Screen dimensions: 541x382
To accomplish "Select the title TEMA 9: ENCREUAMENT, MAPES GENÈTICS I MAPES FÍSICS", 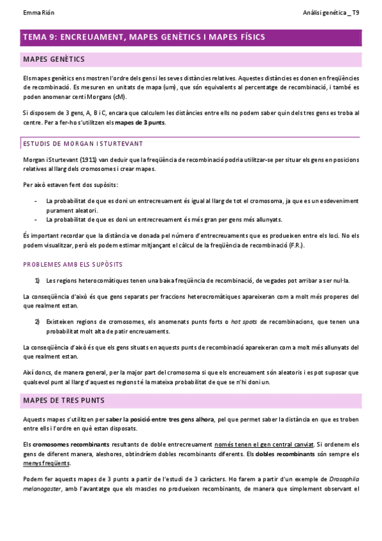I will (x=143, y=38).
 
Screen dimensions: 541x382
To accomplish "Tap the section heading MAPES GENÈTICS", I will (x=54, y=59).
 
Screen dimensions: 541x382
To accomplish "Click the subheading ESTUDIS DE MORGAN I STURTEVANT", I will (x=83, y=144).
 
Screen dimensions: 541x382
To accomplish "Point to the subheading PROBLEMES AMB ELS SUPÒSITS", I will (x=73, y=263).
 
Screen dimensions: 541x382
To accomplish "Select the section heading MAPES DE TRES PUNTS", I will (x=64, y=400).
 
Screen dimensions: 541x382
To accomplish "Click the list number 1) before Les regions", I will (x=38, y=280).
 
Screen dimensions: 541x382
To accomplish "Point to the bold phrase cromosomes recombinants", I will (x=62, y=444).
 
